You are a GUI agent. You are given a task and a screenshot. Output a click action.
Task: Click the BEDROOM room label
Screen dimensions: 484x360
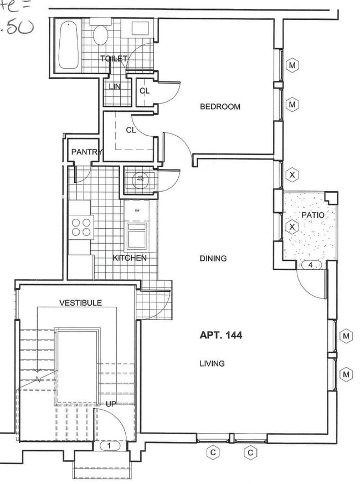(220, 106)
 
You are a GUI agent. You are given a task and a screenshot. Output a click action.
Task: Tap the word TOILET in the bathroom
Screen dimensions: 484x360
(114, 59)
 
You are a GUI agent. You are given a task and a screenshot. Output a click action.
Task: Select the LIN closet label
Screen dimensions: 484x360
(115, 86)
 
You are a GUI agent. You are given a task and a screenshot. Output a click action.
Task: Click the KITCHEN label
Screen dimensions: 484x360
(130, 258)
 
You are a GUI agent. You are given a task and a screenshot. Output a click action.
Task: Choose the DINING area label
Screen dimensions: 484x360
(213, 258)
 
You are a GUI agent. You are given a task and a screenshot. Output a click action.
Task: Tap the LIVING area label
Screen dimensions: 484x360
(212, 364)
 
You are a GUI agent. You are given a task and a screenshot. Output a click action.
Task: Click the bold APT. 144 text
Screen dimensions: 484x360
(220, 335)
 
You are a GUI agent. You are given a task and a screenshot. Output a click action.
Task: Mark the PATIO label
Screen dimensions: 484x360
(312, 214)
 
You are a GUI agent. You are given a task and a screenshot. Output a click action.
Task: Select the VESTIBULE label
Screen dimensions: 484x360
(80, 302)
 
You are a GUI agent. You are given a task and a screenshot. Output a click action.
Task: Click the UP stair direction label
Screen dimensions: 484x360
(111, 404)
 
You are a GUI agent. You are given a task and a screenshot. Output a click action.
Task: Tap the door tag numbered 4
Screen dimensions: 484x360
(311, 265)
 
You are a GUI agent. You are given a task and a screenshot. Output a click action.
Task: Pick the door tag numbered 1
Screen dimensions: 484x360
(110, 445)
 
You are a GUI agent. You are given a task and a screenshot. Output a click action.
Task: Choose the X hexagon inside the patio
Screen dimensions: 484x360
(292, 227)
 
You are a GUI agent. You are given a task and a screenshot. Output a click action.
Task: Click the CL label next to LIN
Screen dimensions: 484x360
(144, 91)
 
